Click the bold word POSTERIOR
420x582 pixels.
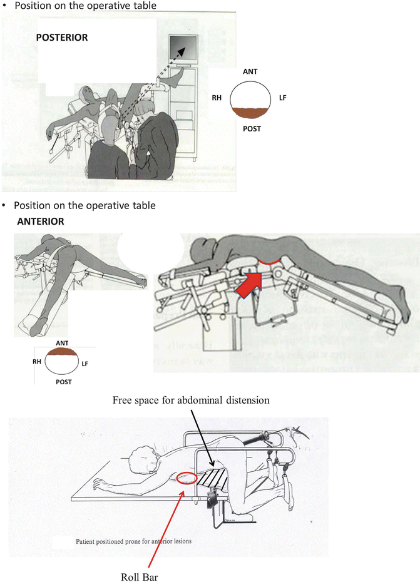(62, 38)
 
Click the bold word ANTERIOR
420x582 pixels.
(41, 222)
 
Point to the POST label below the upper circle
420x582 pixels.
(252, 128)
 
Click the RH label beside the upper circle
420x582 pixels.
(218, 98)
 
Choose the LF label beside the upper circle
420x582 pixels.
(283, 98)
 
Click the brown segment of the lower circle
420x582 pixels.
(61, 352)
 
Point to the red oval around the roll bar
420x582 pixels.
(189, 479)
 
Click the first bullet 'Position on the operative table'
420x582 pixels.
(85, 6)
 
